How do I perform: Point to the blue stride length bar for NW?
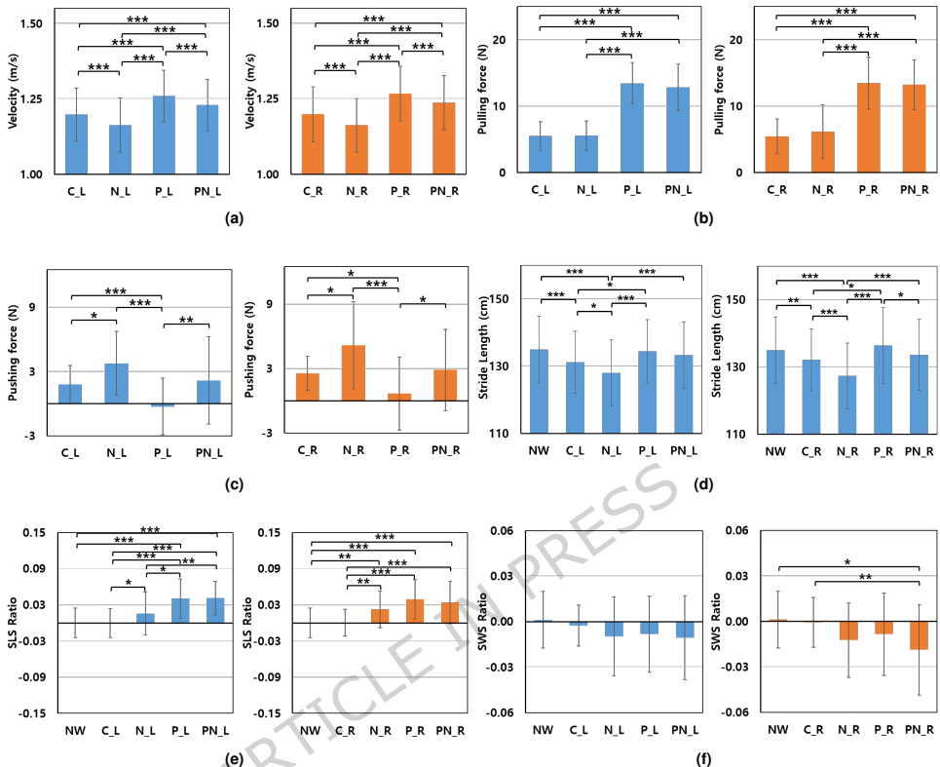click(x=539, y=390)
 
